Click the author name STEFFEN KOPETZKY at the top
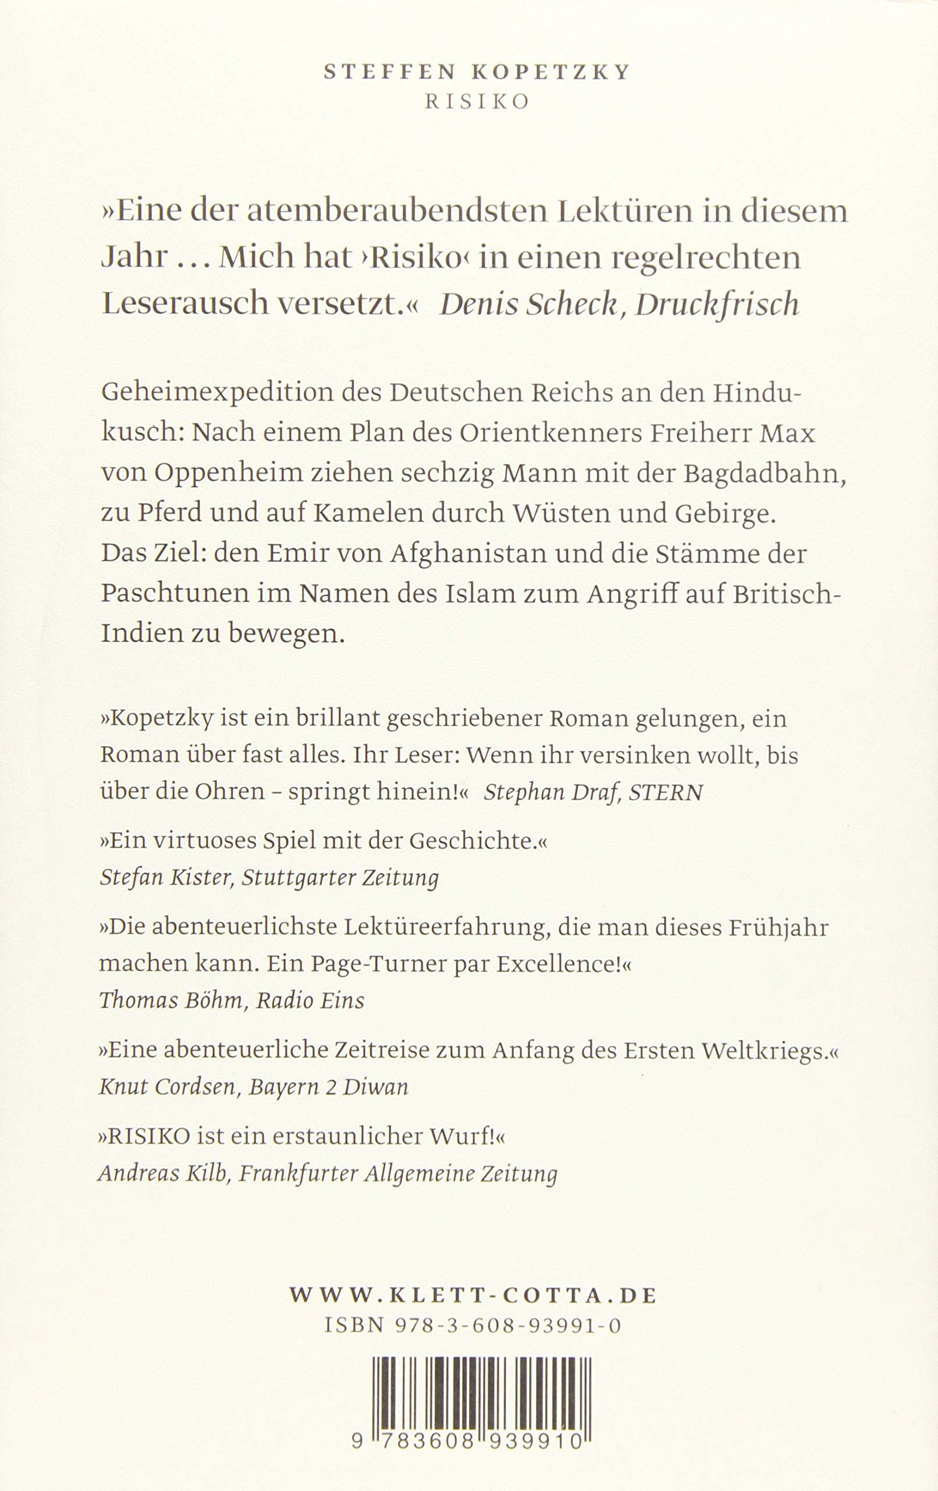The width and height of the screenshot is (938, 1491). [477, 72]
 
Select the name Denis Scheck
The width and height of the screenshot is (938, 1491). [528, 304]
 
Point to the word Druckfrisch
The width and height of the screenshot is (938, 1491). [717, 304]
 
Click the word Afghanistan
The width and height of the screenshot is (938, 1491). [468, 553]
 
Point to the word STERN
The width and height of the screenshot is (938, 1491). [666, 793]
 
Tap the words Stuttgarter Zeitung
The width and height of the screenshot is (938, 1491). [340, 878]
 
